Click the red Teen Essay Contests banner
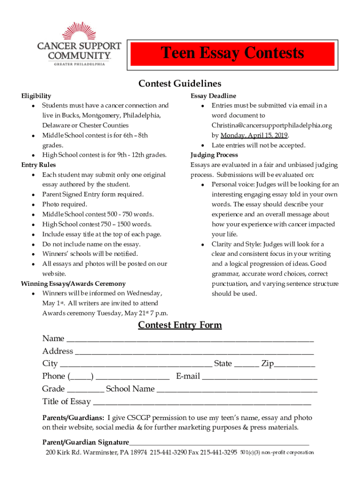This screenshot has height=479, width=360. (x=232, y=53)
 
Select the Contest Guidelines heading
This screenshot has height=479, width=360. (x=180, y=84)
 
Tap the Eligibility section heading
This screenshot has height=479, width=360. (x=36, y=96)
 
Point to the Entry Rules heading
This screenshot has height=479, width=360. (x=38, y=165)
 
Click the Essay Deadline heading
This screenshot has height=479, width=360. (x=213, y=96)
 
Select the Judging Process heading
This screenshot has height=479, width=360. (x=214, y=155)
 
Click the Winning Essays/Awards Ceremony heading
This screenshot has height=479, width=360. (x=73, y=283)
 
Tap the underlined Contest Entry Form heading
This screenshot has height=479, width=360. (x=180, y=325)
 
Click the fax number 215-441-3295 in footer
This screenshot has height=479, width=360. (x=219, y=453)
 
